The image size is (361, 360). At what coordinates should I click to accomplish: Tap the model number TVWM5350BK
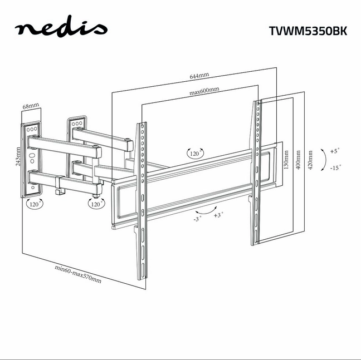pos(308,31)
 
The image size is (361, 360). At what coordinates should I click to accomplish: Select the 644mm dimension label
pos(199,76)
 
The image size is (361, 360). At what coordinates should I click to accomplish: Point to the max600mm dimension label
pos(204,91)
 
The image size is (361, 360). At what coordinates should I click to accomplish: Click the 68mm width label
pos(31,106)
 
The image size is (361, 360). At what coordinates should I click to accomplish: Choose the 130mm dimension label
pos(286,160)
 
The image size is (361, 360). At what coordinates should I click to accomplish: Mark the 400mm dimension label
pos(298,160)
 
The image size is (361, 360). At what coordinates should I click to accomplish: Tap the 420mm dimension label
pos(310,160)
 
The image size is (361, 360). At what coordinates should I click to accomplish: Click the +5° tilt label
pos(335,151)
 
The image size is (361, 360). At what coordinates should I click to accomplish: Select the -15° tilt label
pos(335,167)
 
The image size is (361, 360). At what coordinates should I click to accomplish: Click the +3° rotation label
pos(218,215)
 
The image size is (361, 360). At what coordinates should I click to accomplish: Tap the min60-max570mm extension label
pos(78,274)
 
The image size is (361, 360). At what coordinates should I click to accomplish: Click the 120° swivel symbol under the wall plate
pos(35,204)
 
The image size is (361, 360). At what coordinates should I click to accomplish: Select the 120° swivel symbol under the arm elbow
pos(96,204)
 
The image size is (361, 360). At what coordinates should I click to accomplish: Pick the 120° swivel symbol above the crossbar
pos(195,154)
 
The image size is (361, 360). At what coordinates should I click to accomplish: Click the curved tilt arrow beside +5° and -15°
pos(326,160)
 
